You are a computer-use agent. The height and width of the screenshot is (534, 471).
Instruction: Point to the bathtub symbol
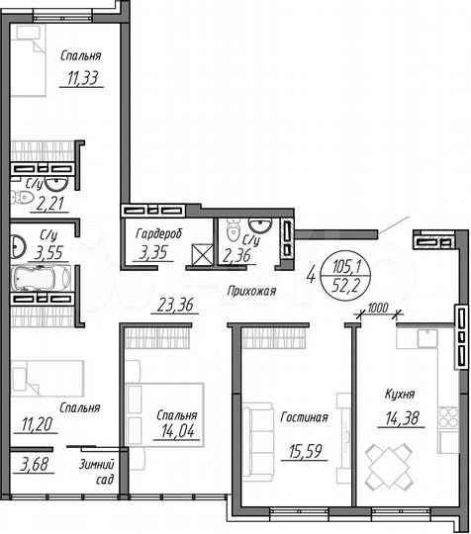(47, 280)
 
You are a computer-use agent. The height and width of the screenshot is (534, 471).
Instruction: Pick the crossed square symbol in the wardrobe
(203, 256)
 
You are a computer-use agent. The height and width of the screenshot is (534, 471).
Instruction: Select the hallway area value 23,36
(171, 306)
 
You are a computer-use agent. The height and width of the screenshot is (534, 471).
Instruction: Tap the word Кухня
(402, 394)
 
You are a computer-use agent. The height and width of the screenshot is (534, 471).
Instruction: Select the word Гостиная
(300, 419)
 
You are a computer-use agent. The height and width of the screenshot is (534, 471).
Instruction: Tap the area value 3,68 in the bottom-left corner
(29, 465)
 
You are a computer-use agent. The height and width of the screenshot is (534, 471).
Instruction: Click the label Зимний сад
(99, 471)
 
